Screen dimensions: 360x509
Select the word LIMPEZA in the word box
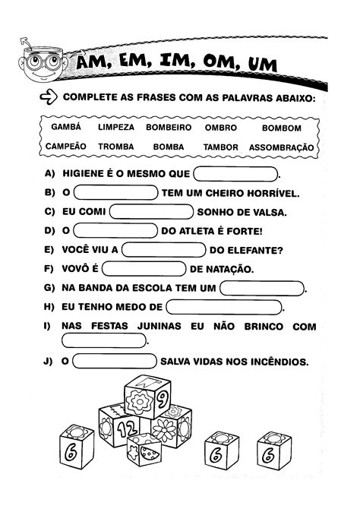(117, 128)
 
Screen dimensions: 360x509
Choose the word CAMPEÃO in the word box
(66, 146)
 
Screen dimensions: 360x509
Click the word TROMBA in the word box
(116, 147)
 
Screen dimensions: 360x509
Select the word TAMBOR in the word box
(221, 147)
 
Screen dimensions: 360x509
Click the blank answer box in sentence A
(236, 172)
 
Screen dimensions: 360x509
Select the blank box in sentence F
(144, 268)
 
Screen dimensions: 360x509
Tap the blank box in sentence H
(223, 307)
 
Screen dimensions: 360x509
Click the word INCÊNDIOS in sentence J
(278, 362)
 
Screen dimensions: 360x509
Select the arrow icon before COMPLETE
(48, 97)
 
